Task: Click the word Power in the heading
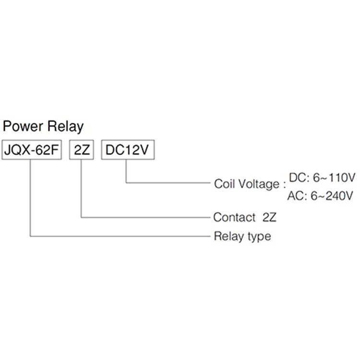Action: tap(23, 127)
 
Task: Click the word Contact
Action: tap(234, 217)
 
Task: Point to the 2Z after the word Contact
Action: tap(270, 217)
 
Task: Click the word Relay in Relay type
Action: tap(225, 236)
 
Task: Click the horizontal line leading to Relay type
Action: tap(120, 236)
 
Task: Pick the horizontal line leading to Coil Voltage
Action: tap(168, 182)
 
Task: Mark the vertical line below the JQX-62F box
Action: tap(31, 197)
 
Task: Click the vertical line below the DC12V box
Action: tap(126, 170)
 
